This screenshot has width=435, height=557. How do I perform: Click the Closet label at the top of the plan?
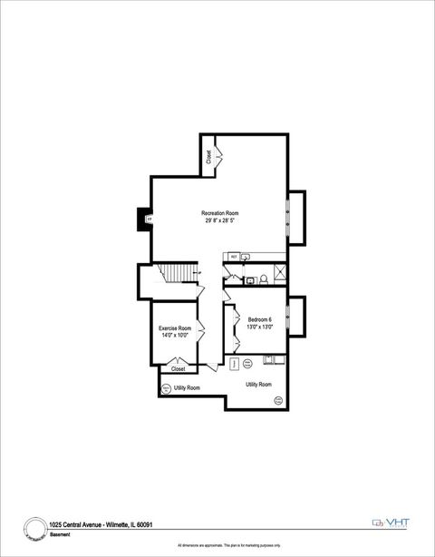[x=208, y=157]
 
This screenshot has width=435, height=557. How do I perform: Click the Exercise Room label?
[x=175, y=327]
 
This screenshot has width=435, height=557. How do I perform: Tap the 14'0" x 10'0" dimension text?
[x=175, y=335]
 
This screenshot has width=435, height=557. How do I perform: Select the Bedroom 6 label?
[x=260, y=319]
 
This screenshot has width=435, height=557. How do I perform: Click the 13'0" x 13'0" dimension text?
[x=260, y=327]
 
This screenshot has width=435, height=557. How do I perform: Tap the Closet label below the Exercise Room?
[x=179, y=369]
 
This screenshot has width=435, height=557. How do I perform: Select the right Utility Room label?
[x=258, y=385]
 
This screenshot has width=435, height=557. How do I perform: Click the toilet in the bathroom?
[x=262, y=278]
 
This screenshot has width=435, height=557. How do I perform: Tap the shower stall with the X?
[x=280, y=271]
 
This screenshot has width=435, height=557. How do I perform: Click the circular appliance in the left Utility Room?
[x=166, y=388]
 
